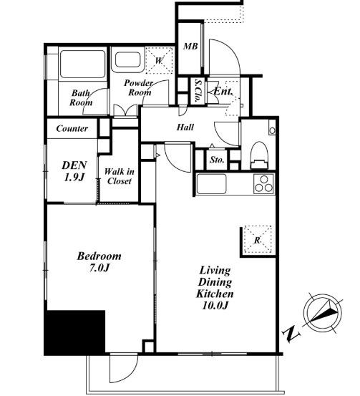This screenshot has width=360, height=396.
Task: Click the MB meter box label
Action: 190,47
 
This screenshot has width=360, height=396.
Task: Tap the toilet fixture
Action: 259,155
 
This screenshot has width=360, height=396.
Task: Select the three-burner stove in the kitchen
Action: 263,184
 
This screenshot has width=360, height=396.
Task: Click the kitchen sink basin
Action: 211,184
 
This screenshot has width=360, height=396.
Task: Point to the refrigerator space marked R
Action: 257,239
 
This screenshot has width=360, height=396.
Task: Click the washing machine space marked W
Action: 159,60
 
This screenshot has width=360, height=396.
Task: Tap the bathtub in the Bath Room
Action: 82,64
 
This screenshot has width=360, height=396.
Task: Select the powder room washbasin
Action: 127,59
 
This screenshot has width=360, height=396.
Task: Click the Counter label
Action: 72,129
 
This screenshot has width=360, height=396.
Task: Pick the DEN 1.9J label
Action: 74,171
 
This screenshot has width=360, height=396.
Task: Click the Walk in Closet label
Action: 119,176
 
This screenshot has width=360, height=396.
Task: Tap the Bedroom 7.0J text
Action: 99,261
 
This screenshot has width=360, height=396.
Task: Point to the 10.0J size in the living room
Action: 215,305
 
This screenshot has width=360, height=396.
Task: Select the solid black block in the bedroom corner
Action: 74,332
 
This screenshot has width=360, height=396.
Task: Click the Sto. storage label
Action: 217,160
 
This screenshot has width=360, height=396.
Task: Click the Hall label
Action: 185,127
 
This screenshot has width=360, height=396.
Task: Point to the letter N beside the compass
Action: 292,334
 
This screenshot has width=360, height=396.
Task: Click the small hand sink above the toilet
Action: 272,130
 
